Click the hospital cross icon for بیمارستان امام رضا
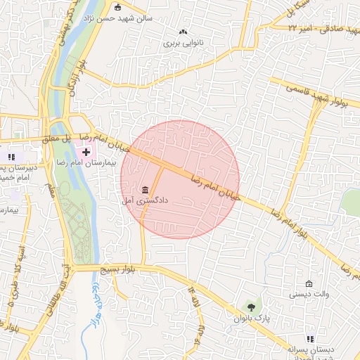click(86, 152)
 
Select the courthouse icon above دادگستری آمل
click(145, 190)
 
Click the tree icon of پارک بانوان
click(251, 307)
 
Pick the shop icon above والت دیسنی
click(309, 284)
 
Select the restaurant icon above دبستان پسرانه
click(310, 338)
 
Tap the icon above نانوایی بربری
click(184, 32)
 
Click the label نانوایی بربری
click(183, 42)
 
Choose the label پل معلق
click(56, 140)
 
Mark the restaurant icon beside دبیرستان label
click(11, 156)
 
